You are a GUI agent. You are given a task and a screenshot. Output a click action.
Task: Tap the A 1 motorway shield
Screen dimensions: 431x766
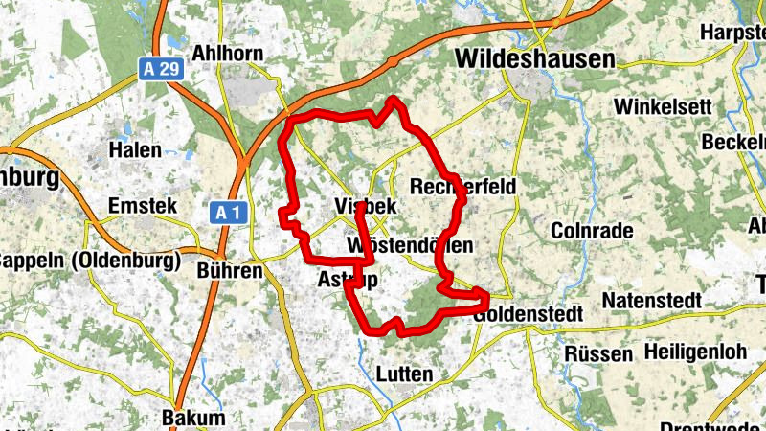coord(223,212)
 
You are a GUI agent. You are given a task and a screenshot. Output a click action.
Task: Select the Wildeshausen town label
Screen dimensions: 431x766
coord(534,58)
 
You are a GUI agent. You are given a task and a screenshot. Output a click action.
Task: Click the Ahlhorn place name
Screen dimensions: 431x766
coord(227,52)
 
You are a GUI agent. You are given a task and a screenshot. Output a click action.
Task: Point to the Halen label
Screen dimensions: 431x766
coord(135,149)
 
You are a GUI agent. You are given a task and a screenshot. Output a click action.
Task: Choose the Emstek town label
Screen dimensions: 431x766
coord(142,206)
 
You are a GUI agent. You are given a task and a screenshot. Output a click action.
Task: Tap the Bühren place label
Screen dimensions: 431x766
coord(229,271)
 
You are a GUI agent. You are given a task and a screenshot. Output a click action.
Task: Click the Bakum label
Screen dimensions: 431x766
coord(193,418)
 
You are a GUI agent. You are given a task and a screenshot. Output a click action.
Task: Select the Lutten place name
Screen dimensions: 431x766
coord(405,374)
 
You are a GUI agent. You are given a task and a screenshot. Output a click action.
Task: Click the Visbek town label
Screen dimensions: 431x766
coord(366,207)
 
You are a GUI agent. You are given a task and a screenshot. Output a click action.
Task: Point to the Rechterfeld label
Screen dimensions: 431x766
coord(462,186)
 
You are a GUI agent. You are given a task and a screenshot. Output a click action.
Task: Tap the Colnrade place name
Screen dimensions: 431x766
coord(593,231)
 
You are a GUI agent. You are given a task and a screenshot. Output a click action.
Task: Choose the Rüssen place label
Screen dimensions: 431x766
coord(599,353)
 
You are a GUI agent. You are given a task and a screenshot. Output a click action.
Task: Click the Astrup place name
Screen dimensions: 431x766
coord(347,279)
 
